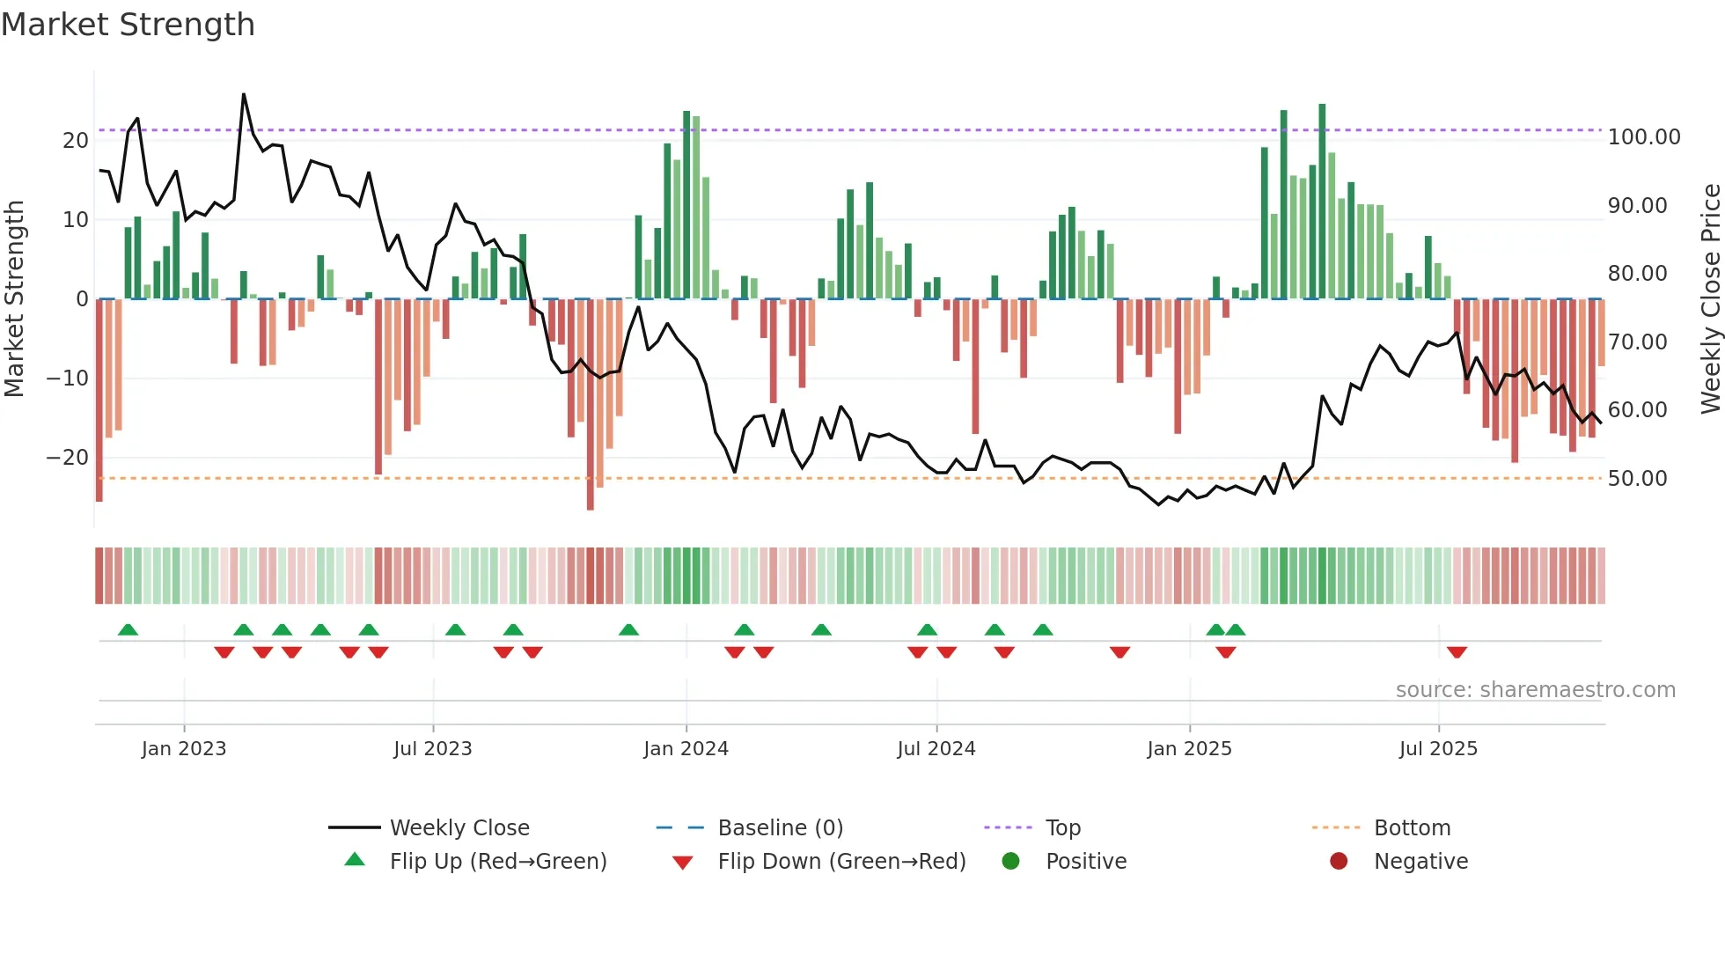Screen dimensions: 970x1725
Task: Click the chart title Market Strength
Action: [x=128, y=25]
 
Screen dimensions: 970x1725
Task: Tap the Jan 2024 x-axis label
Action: [x=686, y=749]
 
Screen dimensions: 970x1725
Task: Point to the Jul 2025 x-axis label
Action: [x=1438, y=749]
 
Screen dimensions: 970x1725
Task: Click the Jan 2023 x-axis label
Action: [x=184, y=749]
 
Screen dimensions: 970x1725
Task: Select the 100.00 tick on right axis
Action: [x=1643, y=137]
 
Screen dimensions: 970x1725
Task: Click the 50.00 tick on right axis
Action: [x=1637, y=479]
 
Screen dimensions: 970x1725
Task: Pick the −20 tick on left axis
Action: [x=68, y=458]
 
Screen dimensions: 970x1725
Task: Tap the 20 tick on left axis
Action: [x=76, y=141]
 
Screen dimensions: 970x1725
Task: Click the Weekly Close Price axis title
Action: [x=1710, y=299]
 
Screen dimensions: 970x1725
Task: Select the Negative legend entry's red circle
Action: [x=1339, y=861]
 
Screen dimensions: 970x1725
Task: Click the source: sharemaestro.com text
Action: [x=1535, y=690]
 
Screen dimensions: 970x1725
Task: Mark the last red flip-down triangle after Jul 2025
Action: [x=1457, y=652]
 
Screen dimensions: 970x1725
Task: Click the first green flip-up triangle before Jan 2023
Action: [x=128, y=629]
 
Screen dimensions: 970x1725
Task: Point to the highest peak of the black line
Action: [x=244, y=94]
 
